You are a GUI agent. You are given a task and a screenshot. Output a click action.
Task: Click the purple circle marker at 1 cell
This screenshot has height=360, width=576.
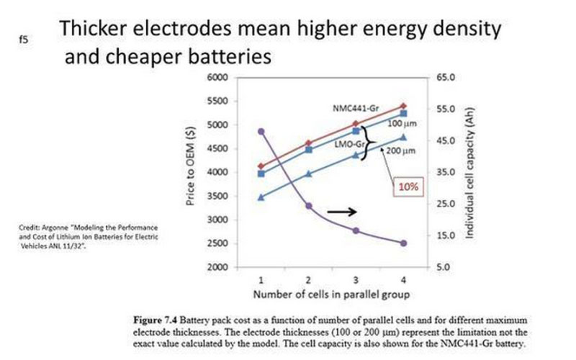click(261, 131)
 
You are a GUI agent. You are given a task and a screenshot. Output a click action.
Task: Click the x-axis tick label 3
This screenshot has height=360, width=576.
click(356, 279)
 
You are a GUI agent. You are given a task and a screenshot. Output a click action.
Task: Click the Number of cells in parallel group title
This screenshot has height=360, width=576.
click(332, 295)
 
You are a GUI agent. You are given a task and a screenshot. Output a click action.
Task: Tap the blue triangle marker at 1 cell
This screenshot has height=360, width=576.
click(261, 197)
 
